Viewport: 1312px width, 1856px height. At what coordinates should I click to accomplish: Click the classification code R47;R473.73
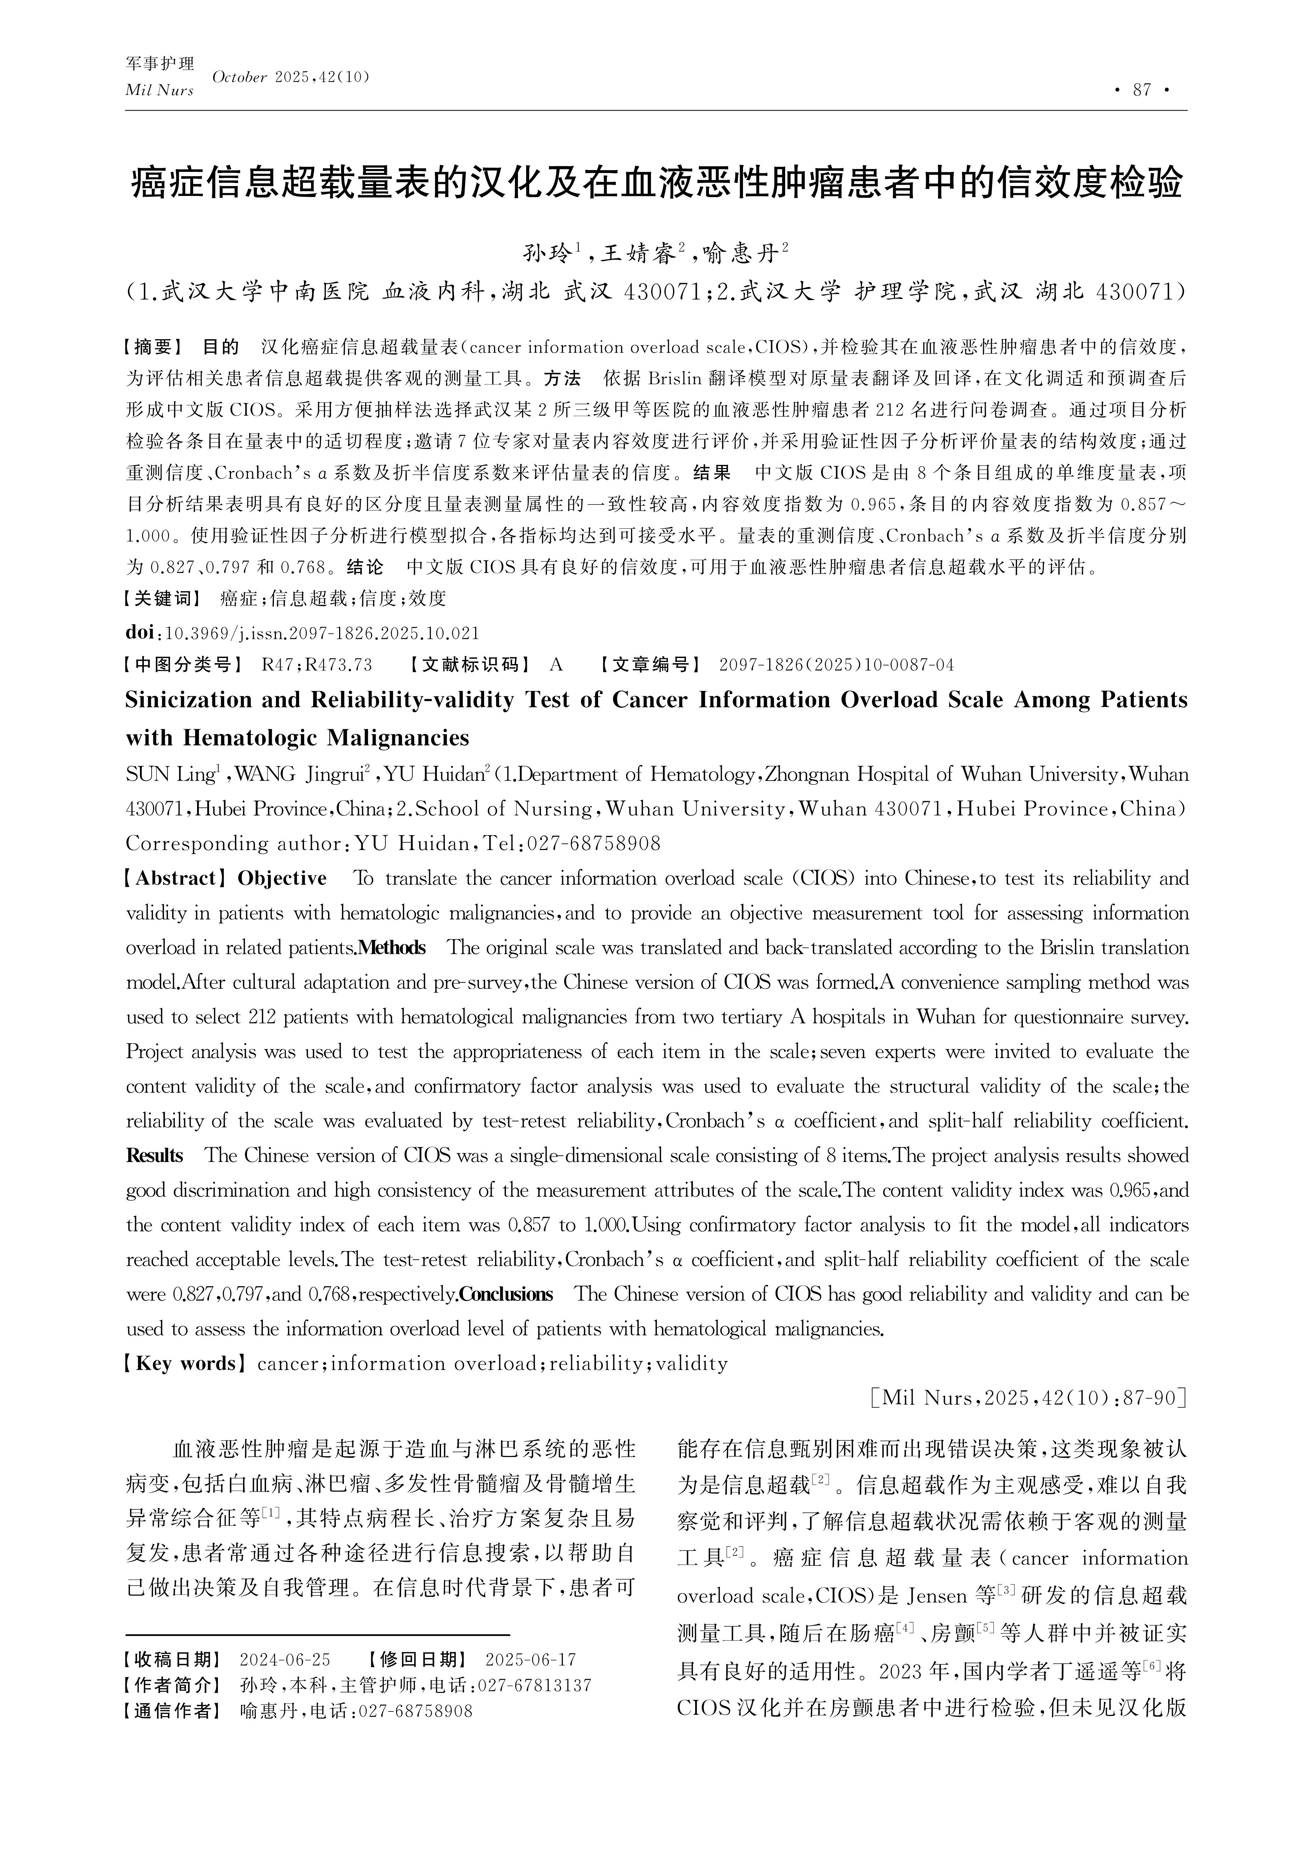click(x=317, y=665)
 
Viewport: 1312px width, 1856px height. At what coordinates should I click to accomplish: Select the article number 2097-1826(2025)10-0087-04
click(x=836, y=665)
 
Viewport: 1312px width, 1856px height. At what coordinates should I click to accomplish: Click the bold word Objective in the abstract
click(x=282, y=879)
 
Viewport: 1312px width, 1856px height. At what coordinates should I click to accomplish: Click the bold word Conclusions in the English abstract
click(x=506, y=1294)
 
